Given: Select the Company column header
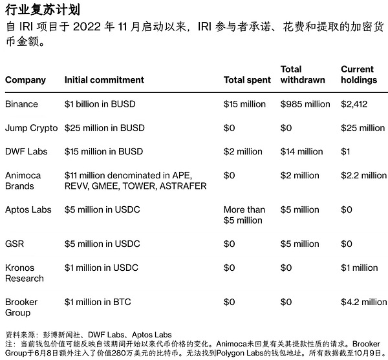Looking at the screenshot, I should coord(25,80).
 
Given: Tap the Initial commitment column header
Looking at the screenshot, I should coord(104,80).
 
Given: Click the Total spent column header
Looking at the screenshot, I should coord(248,80).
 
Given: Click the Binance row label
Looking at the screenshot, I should coord(21,104).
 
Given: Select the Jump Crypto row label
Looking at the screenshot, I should coord(31,128).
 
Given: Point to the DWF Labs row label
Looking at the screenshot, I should coord(27,151).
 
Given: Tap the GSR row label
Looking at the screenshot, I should coord(15,244).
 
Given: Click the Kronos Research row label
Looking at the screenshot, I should coord(25,273).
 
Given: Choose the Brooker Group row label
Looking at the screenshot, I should coord(22,307).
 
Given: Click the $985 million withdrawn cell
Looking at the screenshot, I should coord(305,104).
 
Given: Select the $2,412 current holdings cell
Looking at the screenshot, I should coord(354,104).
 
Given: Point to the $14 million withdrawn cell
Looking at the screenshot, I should coord(301,151).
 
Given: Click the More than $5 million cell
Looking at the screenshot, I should coord(244,215).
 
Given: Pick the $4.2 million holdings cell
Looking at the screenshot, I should coord(363,302).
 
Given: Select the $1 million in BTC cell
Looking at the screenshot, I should coord(98,302).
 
